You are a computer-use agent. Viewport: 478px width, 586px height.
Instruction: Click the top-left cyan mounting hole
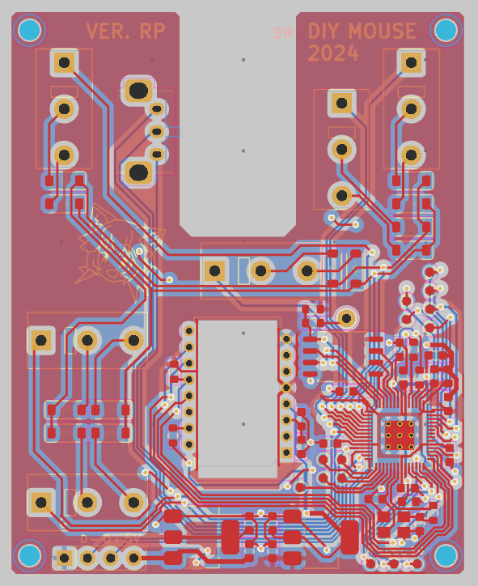click(29, 31)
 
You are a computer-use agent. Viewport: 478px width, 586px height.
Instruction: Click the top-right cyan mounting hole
click(446, 31)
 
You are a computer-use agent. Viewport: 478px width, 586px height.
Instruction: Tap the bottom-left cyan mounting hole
click(29, 556)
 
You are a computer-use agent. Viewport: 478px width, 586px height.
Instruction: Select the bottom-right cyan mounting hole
click(446, 555)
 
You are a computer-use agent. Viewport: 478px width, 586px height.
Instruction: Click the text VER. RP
click(125, 32)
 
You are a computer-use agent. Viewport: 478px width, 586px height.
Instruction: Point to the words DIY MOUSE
click(362, 32)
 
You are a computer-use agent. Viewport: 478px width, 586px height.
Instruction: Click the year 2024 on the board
click(333, 53)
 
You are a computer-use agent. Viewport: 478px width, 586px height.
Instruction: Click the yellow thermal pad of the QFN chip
click(400, 435)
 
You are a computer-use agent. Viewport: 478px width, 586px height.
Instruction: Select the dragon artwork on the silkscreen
click(113, 247)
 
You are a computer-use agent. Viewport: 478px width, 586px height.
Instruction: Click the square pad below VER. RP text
click(64, 62)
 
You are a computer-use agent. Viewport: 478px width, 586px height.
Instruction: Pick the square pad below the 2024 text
click(341, 103)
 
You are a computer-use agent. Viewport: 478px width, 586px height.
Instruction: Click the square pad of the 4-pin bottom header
click(64, 557)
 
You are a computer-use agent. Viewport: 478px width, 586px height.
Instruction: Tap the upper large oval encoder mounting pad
click(138, 90)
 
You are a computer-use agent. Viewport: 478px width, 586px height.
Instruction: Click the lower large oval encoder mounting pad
click(138, 172)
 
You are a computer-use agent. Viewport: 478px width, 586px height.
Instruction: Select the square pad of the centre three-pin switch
click(215, 270)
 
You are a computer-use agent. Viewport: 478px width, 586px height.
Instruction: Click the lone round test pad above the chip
click(346, 317)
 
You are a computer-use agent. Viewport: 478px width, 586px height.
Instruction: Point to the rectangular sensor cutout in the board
click(238, 393)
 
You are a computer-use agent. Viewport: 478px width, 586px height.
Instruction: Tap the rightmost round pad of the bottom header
click(133, 557)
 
